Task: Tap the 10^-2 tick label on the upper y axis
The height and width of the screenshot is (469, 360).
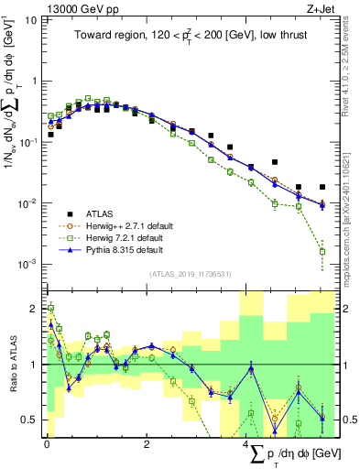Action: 27,203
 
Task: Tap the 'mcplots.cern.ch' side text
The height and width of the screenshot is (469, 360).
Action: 345,211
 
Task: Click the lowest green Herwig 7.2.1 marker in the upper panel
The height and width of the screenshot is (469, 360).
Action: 322,251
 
